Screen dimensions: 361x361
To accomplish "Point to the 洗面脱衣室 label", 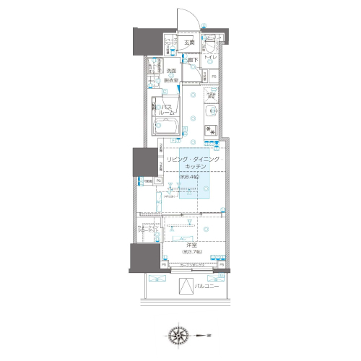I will click(x=171, y=76).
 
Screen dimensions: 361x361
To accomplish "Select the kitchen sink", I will click(x=211, y=111).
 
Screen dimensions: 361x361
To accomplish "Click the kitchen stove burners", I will click(x=211, y=130).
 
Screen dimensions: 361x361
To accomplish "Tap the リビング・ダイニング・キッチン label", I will click(x=195, y=162).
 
